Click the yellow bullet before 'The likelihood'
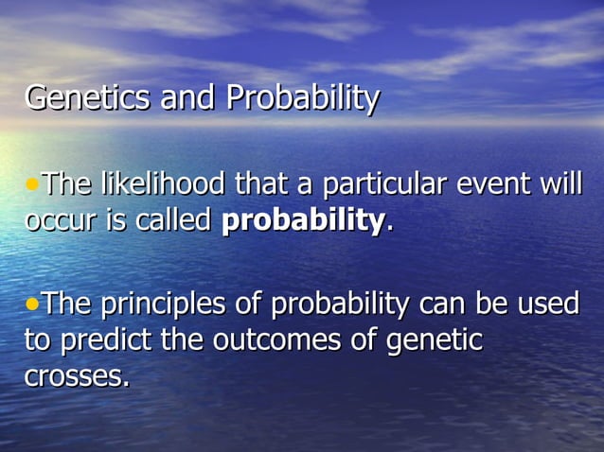coord(32,181)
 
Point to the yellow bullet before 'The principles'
coord(32,304)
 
